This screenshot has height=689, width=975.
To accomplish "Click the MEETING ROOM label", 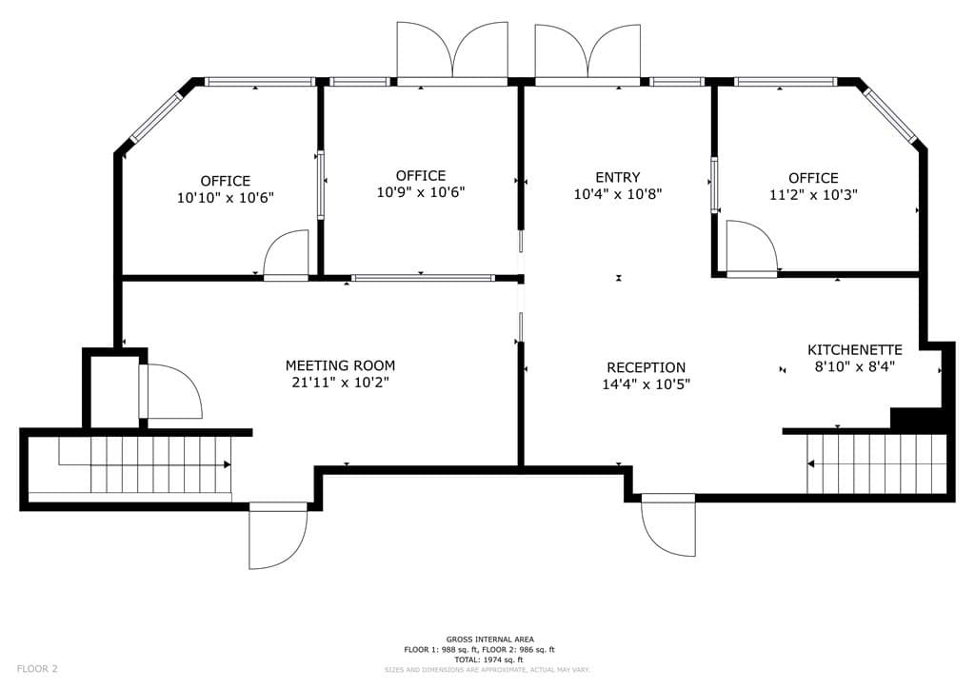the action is [x=340, y=365].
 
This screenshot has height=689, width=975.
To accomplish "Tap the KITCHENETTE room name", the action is [x=854, y=350].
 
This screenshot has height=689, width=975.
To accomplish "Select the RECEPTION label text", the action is [x=647, y=367].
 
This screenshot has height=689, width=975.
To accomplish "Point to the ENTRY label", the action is [x=617, y=177].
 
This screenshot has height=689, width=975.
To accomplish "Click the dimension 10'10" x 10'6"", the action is [x=226, y=198].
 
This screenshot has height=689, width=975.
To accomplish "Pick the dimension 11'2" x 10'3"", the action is [x=813, y=194].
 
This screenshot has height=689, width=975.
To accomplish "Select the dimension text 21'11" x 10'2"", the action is [x=340, y=382].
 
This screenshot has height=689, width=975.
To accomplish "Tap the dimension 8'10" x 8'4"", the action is [x=854, y=366].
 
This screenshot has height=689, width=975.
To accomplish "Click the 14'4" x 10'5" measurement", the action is [x=647, y=384].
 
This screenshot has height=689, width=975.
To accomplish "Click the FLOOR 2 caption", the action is [x=37, y=669].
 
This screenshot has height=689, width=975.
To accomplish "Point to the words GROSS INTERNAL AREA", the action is [x=490, y=640].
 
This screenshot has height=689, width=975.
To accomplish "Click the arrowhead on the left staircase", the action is [x=228, y=464].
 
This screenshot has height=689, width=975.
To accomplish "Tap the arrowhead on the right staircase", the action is [x=811, y=463].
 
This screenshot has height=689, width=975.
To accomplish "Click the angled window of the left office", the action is [x=155, y=118].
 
